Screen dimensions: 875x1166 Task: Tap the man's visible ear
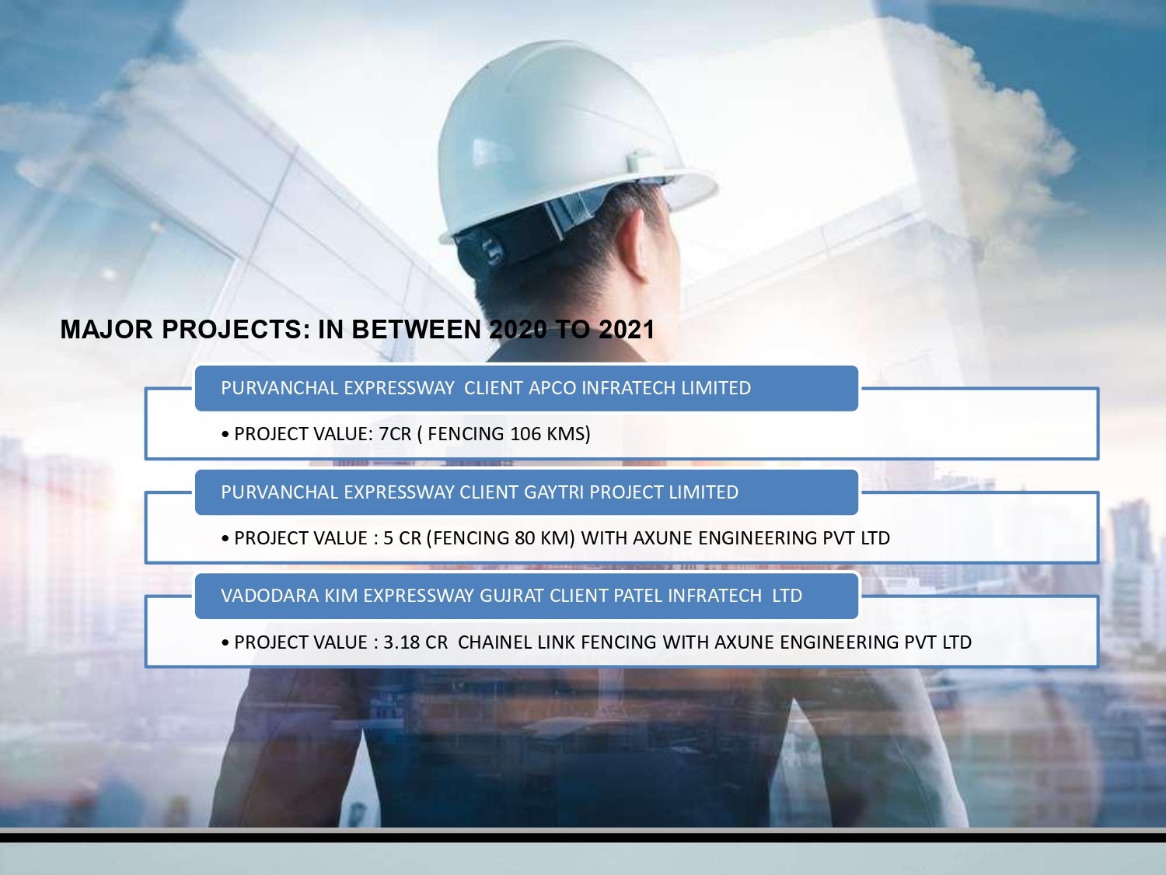pyautogui.click(x=634, y=246)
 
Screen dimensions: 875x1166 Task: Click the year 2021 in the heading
pyautogui.click(x=626, y=330)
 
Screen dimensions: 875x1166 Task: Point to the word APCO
pyautogui.click(x=553, y=388)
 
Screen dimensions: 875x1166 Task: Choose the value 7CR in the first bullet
pyautogui.click(x=395, y=434)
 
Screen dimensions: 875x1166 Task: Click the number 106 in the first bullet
pyautogui.click(x=525, y=434)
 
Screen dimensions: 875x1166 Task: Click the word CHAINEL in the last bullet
pyautogui.click(x=496, y=642)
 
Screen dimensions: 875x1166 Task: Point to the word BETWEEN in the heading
pyautogui.click(x=416, y=330)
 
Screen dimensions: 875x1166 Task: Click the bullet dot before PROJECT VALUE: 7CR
pyautogui.click(x=225, y=435)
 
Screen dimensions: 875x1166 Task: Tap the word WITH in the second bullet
pyautogui.click(x=604, y=538)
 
